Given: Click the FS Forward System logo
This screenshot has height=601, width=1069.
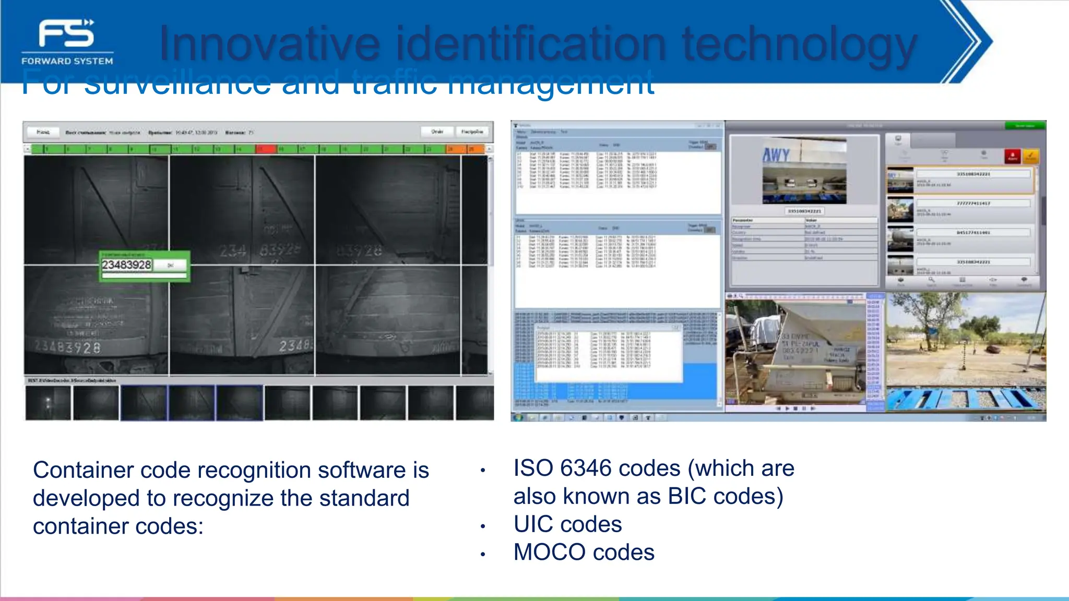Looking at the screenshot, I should point(67,42).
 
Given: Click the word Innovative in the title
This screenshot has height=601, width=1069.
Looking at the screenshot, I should point(269,44).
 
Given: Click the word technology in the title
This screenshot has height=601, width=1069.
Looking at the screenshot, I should point(799,45).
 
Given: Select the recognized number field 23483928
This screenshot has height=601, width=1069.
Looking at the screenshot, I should point(127,265).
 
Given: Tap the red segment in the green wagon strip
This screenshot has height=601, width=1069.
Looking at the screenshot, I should point(266,149).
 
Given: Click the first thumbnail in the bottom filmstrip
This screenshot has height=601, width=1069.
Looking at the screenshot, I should point(48,403).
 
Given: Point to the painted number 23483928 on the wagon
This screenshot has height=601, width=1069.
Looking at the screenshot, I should point(68,347).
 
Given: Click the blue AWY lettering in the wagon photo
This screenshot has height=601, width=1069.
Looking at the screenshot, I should point(776,155).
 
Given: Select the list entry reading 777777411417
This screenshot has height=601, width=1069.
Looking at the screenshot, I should point(973,203).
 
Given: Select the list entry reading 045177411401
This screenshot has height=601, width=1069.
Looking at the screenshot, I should point(973,233).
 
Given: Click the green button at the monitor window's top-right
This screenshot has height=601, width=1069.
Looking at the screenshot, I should point(1025,126).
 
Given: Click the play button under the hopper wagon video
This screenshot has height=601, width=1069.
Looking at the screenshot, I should point(787,408).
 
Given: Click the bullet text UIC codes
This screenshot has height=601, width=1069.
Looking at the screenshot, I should point(567,524).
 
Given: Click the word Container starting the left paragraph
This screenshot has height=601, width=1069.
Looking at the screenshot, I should point(84,470).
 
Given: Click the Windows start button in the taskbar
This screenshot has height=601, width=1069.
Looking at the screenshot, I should point(518,417).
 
